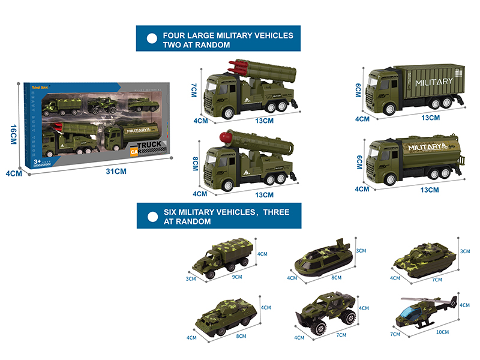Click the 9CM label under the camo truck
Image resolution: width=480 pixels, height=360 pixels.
pyautogui.click(x=237, y=277)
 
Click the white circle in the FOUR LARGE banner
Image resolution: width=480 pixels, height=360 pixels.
pyautogui.click(x=152, y=40)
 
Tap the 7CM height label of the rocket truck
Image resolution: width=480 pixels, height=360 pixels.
pyautogui.click(x=195, y=92)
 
